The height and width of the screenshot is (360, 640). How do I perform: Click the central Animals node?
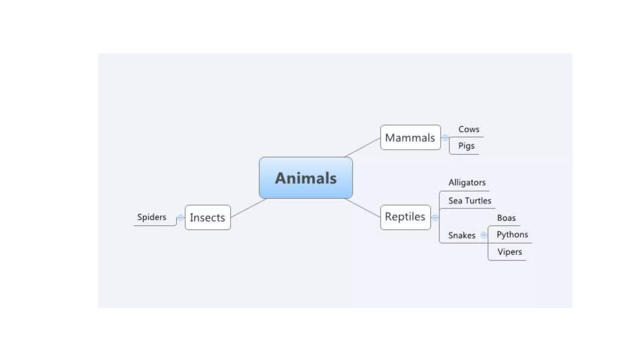point(306,178)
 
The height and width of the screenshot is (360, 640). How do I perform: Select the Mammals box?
point(410,137)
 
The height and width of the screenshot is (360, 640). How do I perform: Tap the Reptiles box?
point(405,217)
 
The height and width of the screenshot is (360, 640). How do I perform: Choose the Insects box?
point(207,217)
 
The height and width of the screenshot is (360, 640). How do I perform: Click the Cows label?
point(468,129)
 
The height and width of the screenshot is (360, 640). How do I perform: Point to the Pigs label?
point(466,146)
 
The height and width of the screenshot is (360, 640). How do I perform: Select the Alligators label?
point(467,182)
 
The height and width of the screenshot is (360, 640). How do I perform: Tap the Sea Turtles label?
point(469,201)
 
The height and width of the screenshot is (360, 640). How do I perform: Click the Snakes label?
point(462,235)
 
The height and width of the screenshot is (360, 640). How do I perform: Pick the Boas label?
point(506,218)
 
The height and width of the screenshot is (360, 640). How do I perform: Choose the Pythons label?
point(512,234)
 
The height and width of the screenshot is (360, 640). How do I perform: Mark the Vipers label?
point(509,252)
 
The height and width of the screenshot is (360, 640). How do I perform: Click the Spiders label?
point(152,217)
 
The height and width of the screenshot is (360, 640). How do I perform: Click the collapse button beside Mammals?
point(445,137)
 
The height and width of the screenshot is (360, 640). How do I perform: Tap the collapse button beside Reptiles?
point(435,217)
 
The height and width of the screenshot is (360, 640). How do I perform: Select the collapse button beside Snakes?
point(484,235)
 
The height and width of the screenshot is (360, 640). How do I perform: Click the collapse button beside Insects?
point(180,218)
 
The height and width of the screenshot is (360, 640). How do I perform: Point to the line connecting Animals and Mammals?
point(362,147)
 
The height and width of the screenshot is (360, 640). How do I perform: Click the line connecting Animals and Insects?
point(248,208)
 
